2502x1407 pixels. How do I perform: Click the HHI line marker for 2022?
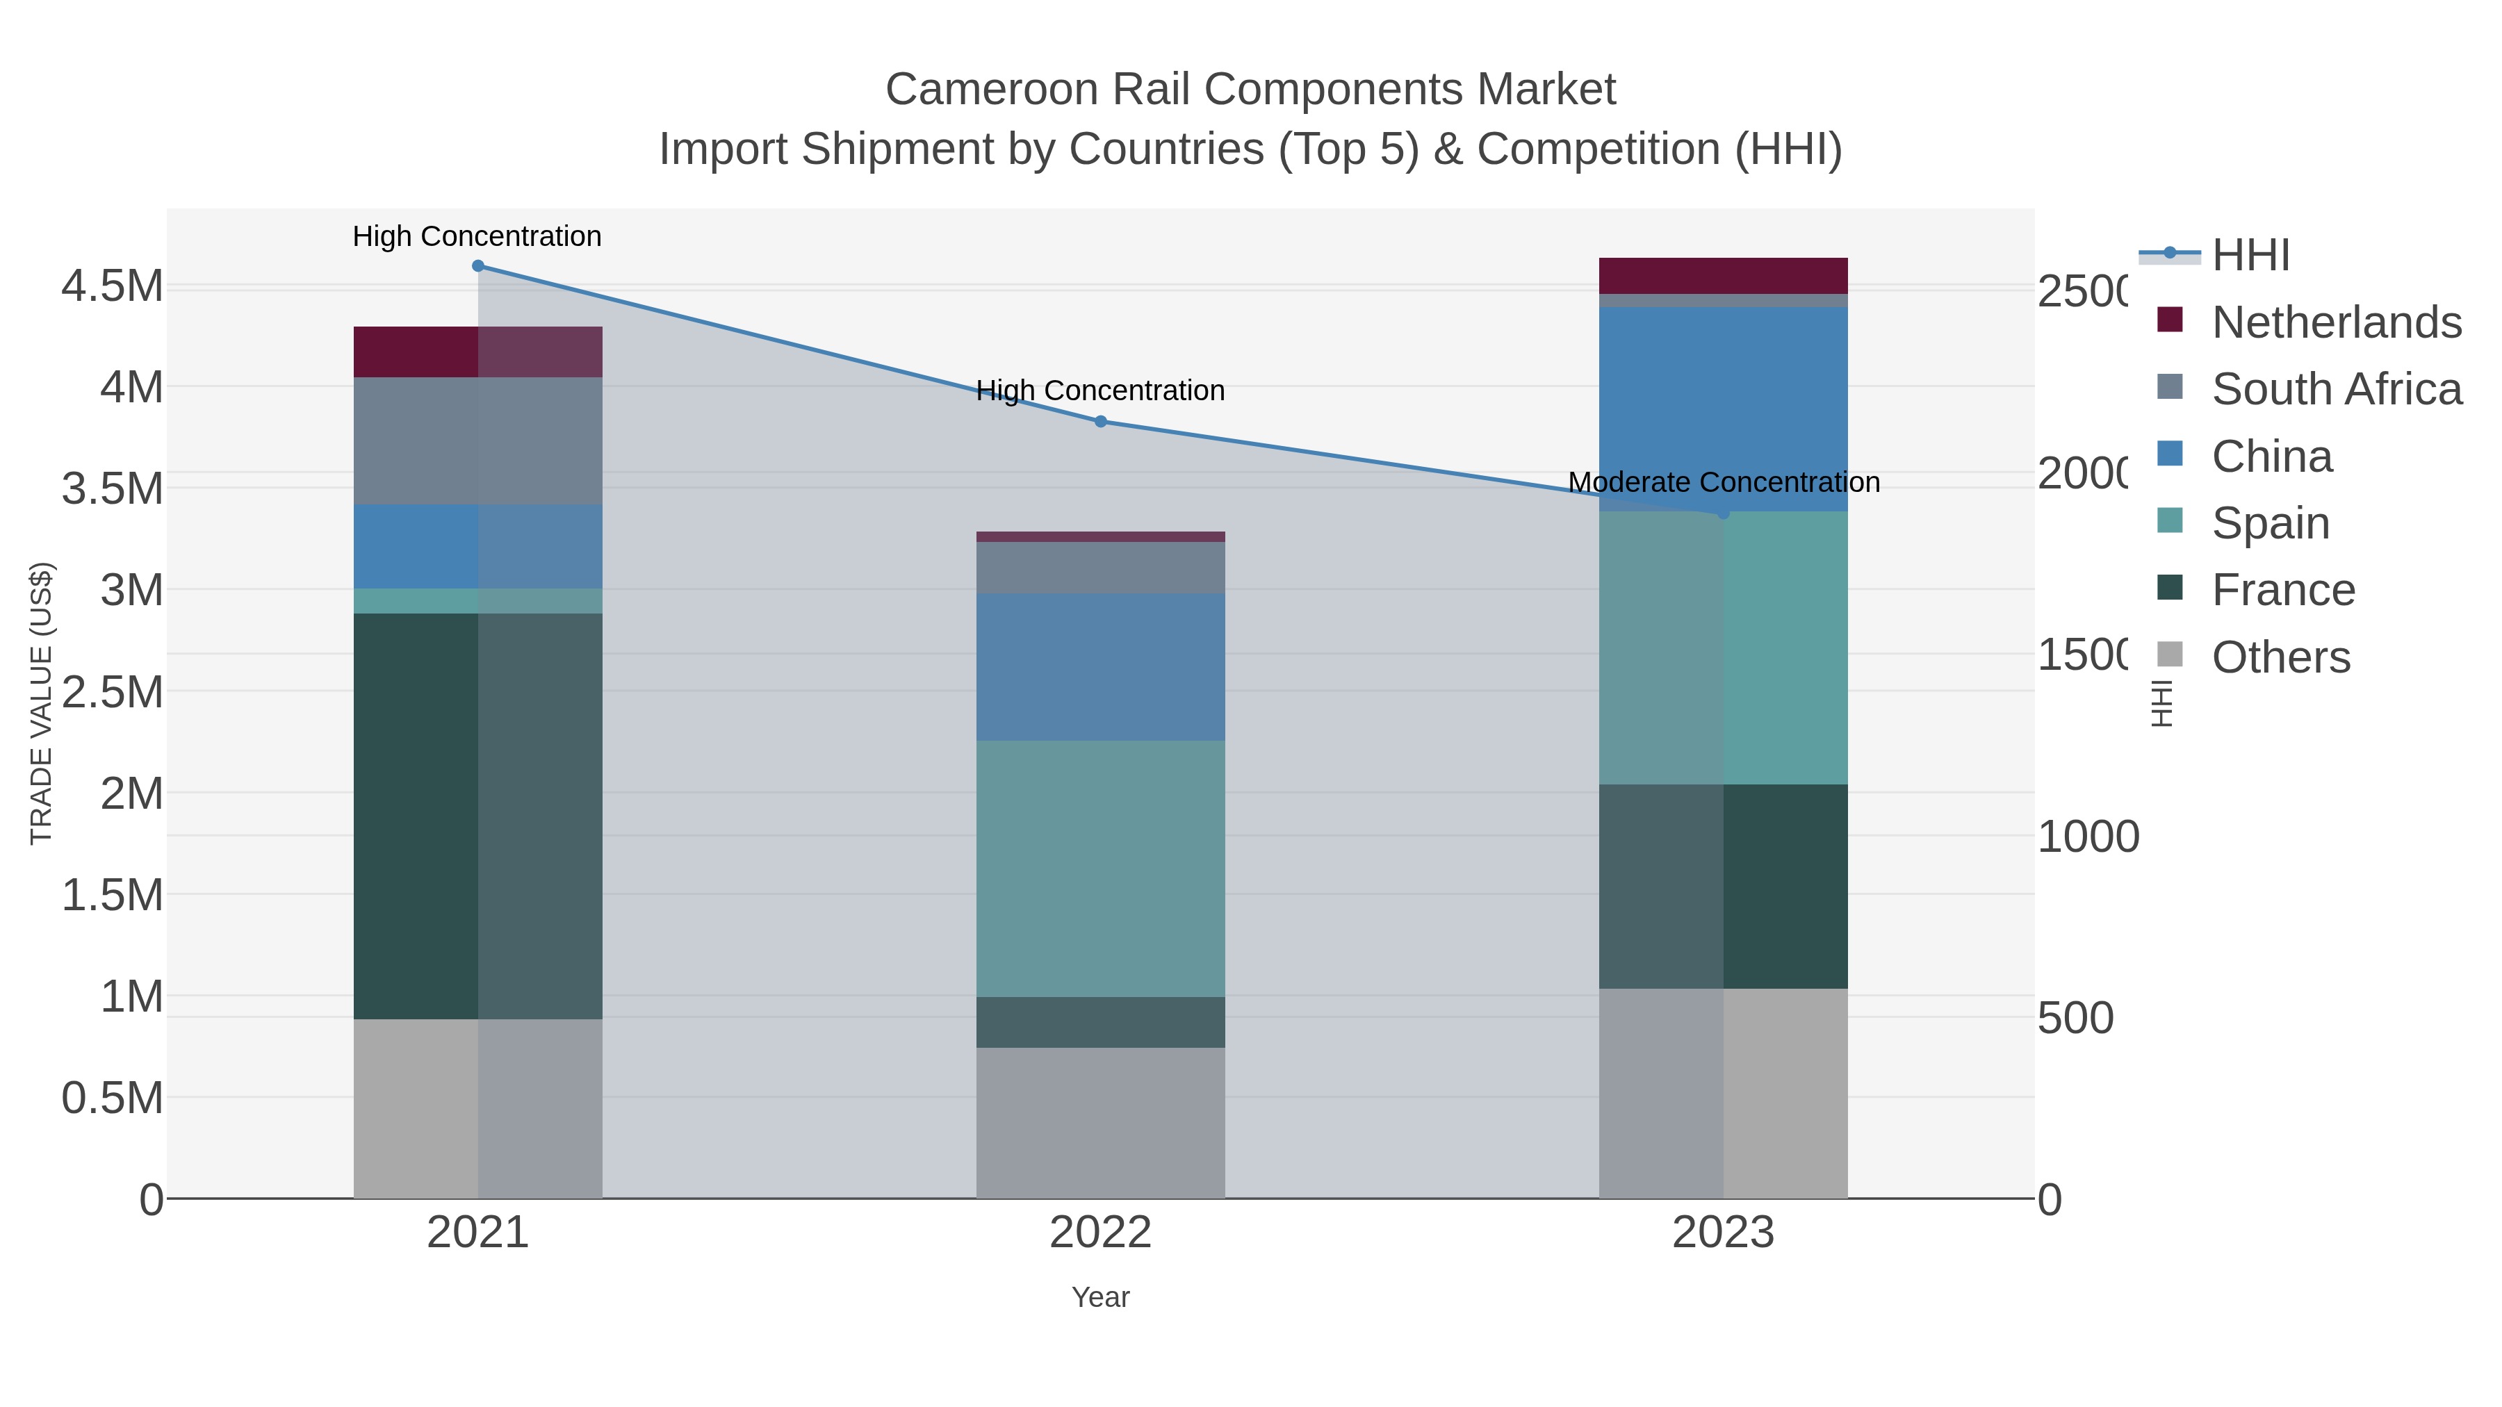[x=1100, y=422]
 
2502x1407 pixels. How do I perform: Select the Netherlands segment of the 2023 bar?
[x=1723, y=276]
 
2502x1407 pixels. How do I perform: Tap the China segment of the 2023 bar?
[x=1723, y=408]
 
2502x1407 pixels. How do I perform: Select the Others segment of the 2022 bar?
[x=1100, y=1123]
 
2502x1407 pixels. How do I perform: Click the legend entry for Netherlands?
[x=2336, y=322]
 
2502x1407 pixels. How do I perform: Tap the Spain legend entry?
[x=2270, y=523]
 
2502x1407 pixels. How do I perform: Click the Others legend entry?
[x=2280, y=657]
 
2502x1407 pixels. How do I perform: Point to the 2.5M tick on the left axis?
[x=113, y=692]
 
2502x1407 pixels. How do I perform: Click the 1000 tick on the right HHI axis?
[x=2087, y=837]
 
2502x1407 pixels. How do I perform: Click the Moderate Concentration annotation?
[x=1723, y=483]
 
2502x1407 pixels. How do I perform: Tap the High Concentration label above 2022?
[x=1100, y=390]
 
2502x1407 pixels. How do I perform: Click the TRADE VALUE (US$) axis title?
[x=41, y=703]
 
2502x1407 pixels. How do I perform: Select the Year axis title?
[x=1100, y=1297]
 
